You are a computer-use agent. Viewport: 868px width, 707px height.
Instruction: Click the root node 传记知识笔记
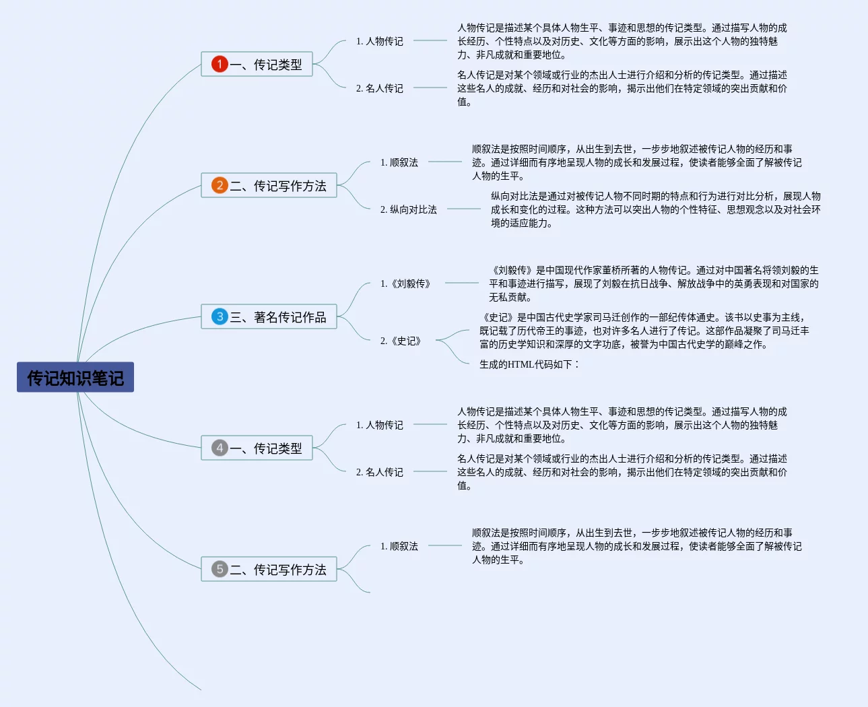[x=75, y=378]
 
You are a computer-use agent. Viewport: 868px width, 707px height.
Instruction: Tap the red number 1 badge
[x=220, y=64]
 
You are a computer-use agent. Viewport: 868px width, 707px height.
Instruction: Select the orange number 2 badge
[x=220, y=185]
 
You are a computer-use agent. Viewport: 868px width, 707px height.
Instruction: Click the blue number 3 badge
[x=220, y=316]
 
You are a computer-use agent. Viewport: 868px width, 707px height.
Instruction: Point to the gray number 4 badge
[x=220, y=448]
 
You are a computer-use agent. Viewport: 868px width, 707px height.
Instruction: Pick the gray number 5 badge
[x=220, y=569]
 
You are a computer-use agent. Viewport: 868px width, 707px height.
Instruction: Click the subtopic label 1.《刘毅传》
[x=405, y=283]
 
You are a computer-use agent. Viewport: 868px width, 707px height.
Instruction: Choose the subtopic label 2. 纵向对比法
[x=408, y=209]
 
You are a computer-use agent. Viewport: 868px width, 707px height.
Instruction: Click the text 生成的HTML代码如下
[x=529, y=364]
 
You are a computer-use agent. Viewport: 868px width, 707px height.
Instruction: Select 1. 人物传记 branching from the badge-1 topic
[x=379, y=41]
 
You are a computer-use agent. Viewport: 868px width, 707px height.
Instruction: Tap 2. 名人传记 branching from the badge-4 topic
[x=379, y=472]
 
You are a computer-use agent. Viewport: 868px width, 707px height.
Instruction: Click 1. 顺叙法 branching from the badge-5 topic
[x=399, y=546]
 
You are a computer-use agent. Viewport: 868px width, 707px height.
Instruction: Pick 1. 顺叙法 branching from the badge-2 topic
[x=399, y=162]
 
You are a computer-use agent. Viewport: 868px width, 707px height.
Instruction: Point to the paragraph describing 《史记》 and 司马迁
[x=644, y=331]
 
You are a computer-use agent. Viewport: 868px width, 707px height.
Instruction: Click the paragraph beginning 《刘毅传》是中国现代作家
[x=653, y=283]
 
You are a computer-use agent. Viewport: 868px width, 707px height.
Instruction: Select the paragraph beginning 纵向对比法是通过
[x=655, y=209]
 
